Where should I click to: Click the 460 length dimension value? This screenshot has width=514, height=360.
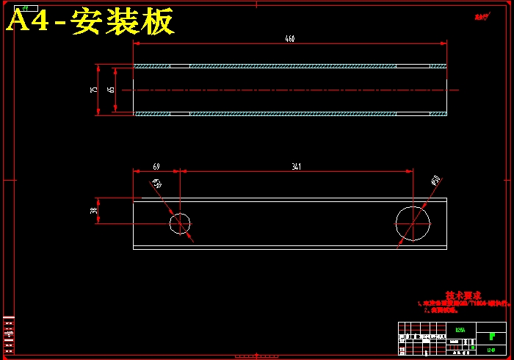coord(290,39)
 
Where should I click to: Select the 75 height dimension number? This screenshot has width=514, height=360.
coord(93,90)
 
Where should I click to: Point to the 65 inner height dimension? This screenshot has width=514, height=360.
coord(111,90)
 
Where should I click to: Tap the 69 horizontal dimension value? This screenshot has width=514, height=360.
coord(156,167)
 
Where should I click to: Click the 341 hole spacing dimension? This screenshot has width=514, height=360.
coord(296,167)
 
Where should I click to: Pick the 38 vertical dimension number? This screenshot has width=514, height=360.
coord(93,210)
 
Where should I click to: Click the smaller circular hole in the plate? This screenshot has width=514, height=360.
coord(180,223)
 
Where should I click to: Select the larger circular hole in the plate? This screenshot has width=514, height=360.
coord(413,223)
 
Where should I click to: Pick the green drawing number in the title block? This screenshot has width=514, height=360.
coord(491,348)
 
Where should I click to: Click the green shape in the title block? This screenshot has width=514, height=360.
coord(491,336)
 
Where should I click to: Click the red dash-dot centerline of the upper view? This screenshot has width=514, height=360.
coord(294,90)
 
